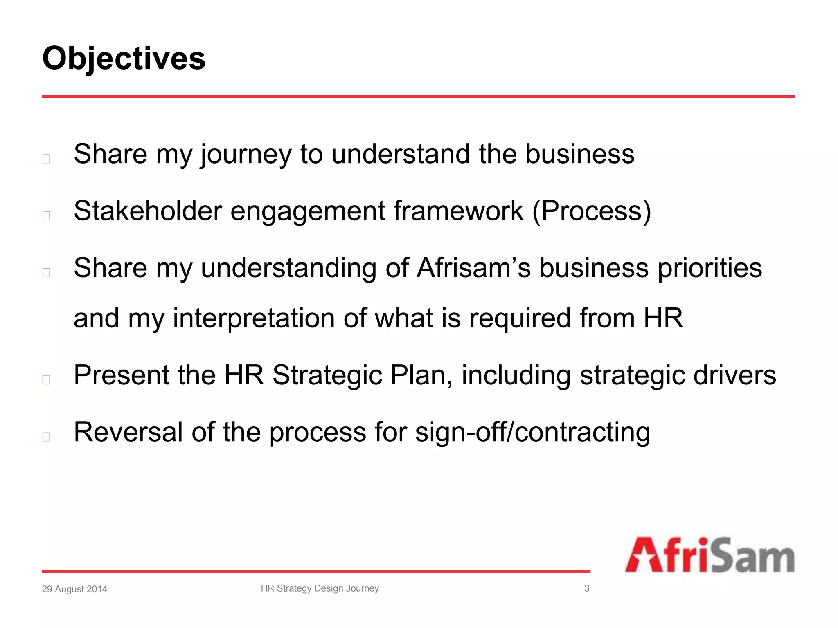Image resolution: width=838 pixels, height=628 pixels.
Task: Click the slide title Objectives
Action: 124,58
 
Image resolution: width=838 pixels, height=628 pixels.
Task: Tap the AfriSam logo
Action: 710,555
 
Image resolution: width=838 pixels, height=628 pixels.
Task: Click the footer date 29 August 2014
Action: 74,589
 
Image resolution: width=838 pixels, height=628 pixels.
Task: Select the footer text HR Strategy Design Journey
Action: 320,588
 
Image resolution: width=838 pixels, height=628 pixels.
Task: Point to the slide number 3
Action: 587,588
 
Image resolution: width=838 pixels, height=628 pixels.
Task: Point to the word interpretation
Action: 254,318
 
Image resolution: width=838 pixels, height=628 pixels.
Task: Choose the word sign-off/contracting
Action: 532,432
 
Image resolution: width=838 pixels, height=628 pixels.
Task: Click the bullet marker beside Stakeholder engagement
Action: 46,215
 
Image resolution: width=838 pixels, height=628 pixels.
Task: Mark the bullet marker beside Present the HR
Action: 46,380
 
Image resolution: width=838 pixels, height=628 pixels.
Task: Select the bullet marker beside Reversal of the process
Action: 46,437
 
